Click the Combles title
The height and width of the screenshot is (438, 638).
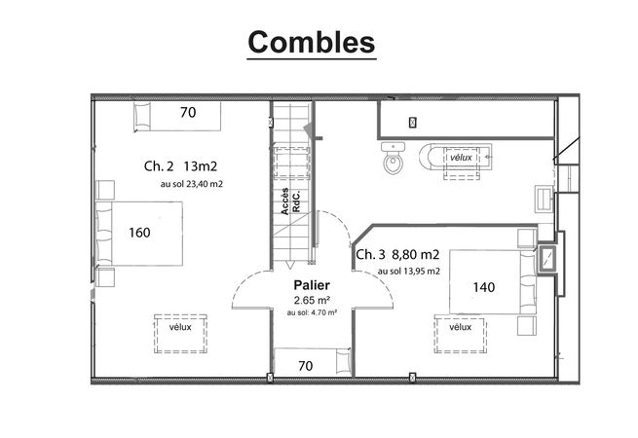(312, 42)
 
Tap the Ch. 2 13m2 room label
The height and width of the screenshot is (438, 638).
(180, 165)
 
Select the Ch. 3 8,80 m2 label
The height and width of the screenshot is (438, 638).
(397, 255)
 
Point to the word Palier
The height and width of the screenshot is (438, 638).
(312, 285)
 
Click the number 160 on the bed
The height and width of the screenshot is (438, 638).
(139, 233)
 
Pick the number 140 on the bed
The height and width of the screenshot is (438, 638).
(484, 287)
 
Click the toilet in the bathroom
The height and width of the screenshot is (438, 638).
(394, 158)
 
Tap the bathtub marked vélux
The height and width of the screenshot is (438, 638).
(456, 156)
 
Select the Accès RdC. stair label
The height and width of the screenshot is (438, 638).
(291, 201)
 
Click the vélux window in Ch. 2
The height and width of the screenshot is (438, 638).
(180, 334)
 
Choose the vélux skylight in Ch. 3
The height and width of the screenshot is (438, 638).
(460, 334)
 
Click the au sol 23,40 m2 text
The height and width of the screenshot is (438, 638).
(192, 184)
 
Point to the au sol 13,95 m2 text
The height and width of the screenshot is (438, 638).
(409, 272)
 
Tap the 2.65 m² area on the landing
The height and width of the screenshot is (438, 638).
(312, 301)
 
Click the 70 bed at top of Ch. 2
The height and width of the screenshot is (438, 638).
(177, 116)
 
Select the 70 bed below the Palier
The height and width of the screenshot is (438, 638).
(313, 361)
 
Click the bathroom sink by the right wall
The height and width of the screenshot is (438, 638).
(544, 199)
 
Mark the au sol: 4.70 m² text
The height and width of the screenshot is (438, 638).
(312, 312)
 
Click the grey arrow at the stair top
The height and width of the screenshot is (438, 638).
(309, 129)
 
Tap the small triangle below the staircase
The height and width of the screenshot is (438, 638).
(289, 265)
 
